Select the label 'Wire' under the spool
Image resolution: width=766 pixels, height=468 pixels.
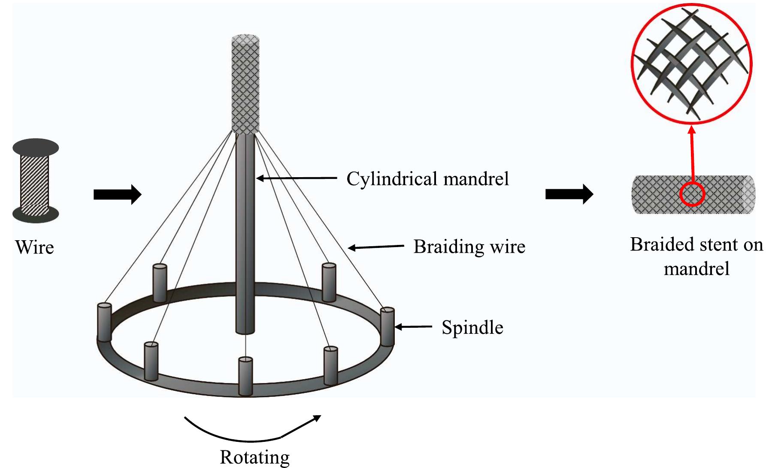[x=34, y=248]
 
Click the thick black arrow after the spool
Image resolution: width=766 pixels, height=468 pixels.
[x=117, y=195]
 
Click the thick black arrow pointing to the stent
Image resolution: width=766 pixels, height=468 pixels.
[x=569, y=194]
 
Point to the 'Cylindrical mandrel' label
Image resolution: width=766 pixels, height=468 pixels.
[x=427, y=179]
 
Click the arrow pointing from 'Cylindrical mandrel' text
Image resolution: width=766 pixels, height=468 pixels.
[x=296, y=178]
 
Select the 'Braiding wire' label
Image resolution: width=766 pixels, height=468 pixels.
[x=469, y=247]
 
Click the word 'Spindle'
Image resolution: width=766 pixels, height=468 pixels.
[x=472, y=328]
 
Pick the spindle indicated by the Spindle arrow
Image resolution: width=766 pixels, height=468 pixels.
[x=387, y=327]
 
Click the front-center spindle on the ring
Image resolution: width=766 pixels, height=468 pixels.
[x=245, y=376]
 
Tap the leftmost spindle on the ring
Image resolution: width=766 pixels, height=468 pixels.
[x=104, y=322]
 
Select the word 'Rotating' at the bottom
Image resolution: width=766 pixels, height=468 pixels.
[x=254, y=457]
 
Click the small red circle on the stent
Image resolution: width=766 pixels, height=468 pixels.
[x=692, y=194]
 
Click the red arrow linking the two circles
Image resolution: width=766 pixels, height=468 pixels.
[x=692, y=154]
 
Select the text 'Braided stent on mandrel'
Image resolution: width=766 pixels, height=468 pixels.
[x=696, y=257]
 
